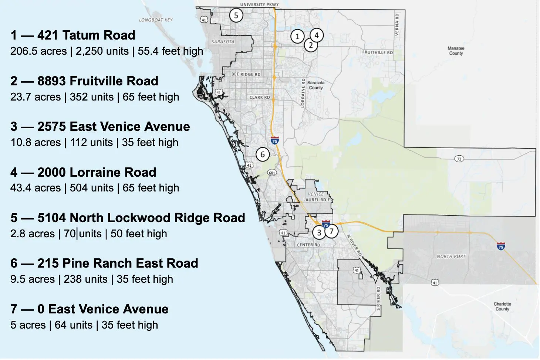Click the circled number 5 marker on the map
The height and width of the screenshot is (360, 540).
[236, 16]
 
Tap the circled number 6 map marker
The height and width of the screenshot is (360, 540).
[263, 154]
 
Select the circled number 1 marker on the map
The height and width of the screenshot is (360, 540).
[297, 36]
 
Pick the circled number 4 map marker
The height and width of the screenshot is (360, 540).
[316, 35]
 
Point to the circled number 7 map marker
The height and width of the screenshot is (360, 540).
[331, 231]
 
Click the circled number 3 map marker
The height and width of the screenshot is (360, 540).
[319, 233]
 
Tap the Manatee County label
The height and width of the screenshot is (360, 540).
[456, 51]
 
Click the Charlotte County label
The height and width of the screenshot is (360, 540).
[502, 306]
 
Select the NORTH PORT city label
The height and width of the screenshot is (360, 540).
[451, 256]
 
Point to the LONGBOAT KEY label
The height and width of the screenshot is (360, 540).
[156, 20]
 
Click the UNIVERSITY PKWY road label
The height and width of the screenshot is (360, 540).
[259, 4]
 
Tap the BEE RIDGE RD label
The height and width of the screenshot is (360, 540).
[246, 74]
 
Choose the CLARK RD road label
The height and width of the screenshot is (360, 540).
[260, 97]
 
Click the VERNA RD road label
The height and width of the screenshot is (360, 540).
[397, 24]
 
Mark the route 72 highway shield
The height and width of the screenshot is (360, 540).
[459, 159]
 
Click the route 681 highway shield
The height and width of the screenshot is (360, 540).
[272, 173]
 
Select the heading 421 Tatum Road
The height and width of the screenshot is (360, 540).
[86, 35]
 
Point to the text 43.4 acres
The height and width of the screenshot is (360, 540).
[36, 188]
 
